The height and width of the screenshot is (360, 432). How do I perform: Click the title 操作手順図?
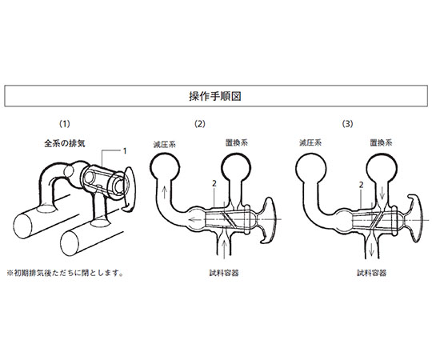click(215, 96)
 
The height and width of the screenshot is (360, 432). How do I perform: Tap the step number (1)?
click(65, 124)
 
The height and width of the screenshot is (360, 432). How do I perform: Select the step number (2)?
click(200, 124)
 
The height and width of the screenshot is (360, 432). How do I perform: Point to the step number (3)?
click(347, 124)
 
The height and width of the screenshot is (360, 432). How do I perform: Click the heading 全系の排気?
click(65, 143)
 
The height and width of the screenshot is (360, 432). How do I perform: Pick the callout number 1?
click(125, 151)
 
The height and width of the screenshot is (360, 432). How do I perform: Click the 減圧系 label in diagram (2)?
click(165, 144)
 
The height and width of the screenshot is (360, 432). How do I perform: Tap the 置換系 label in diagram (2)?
click(237, 142)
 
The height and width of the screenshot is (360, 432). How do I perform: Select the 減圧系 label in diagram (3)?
click(310, 142)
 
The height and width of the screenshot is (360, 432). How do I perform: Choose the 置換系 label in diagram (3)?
click(381, 142)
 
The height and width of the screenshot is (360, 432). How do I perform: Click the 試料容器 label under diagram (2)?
click(224, 273)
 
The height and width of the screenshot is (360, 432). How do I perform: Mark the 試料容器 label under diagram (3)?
click(372, 273)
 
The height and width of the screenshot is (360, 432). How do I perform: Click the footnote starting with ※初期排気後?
click(65, 273)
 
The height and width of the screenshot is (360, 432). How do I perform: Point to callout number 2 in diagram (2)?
click(214, 183)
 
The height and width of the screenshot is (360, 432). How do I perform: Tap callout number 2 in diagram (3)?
click(361, 185)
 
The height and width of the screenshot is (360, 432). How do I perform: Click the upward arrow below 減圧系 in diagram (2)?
click(164, 192)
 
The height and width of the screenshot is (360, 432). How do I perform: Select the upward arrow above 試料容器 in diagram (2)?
click(225, 250)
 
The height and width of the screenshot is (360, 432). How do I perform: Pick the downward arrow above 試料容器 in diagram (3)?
click(372, 248)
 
